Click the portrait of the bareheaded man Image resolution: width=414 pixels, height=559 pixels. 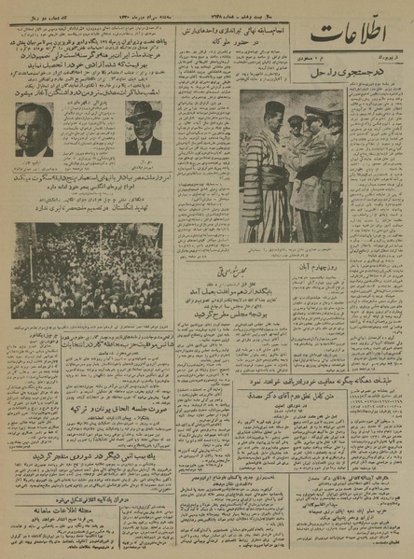coord(34,130)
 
